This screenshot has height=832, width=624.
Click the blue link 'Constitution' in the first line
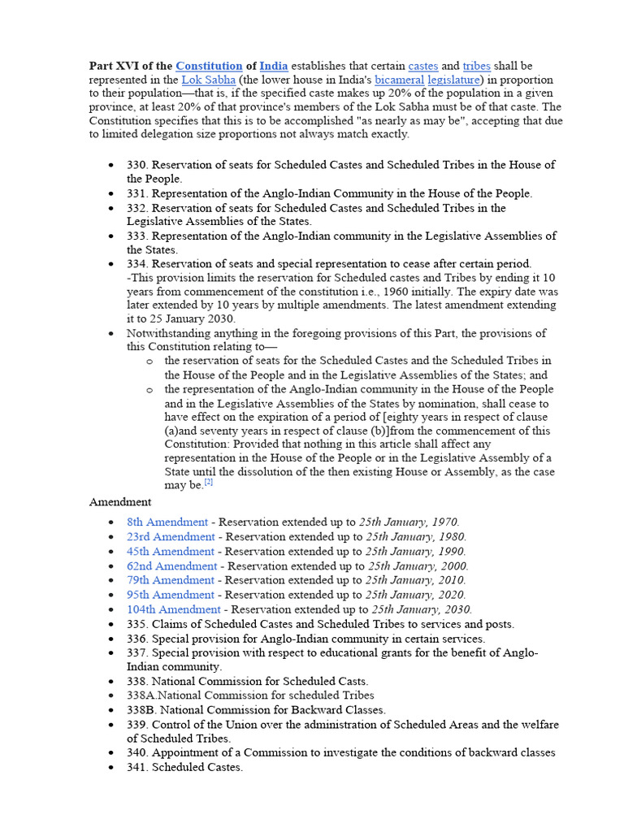[x=209, y=66]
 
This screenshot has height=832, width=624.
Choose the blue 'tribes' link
[x=476, y=66]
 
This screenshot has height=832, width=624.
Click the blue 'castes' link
[x=422, y=66]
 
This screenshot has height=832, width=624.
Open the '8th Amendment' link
[x=167, y=522]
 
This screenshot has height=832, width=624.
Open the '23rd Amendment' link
[x=171, y=536]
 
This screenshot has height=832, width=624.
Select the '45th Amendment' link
[x=171, y=551]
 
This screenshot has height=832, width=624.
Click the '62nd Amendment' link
[x=171, y=565]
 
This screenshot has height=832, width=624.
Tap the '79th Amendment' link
[x=171, y=580]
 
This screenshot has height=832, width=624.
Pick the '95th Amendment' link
[x=171, y=595]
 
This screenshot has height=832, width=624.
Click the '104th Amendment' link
[x=173, y=609]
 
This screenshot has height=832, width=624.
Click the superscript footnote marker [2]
[x=209, y=483]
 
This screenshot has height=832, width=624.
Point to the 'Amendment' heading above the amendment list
[x=119, y=502]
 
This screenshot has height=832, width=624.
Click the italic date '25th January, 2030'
[x=421, y=609]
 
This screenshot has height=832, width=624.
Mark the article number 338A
[x=141, y=695]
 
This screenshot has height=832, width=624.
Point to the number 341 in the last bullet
[x=136, y=767]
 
